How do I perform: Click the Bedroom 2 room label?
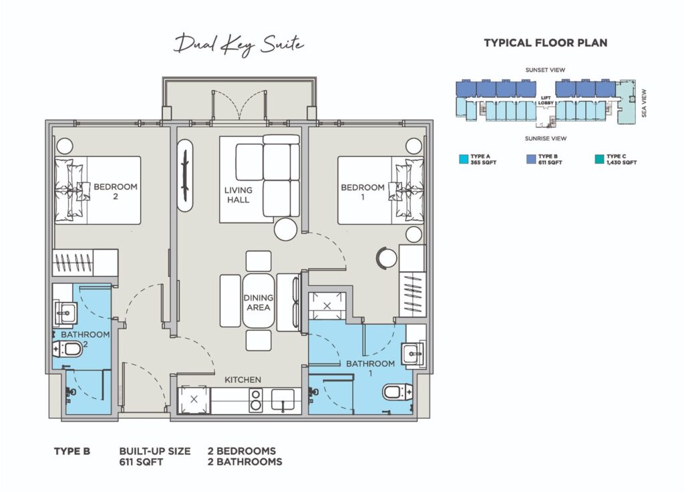[116, 191]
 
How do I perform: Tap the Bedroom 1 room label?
[363, 192]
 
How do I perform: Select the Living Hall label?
[238, 195]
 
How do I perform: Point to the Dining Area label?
[259, 303]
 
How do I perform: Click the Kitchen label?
[243, 380]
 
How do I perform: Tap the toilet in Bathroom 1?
[397, 392]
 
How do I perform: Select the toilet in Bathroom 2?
[67, 349]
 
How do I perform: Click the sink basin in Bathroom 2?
[65, 313]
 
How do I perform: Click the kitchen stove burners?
[256, 401]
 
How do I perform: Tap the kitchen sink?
[283, 401]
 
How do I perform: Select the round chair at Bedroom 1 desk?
[387, 257]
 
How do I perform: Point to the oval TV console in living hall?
[186, 176]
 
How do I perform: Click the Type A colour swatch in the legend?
[464, 159]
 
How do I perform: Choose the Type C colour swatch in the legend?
[600, 159]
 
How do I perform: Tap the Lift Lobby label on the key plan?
[546, 100]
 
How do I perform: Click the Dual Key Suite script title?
[238, 45]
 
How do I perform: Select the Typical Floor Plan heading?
[546, 43]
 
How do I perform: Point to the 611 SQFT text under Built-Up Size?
[141, 462]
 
